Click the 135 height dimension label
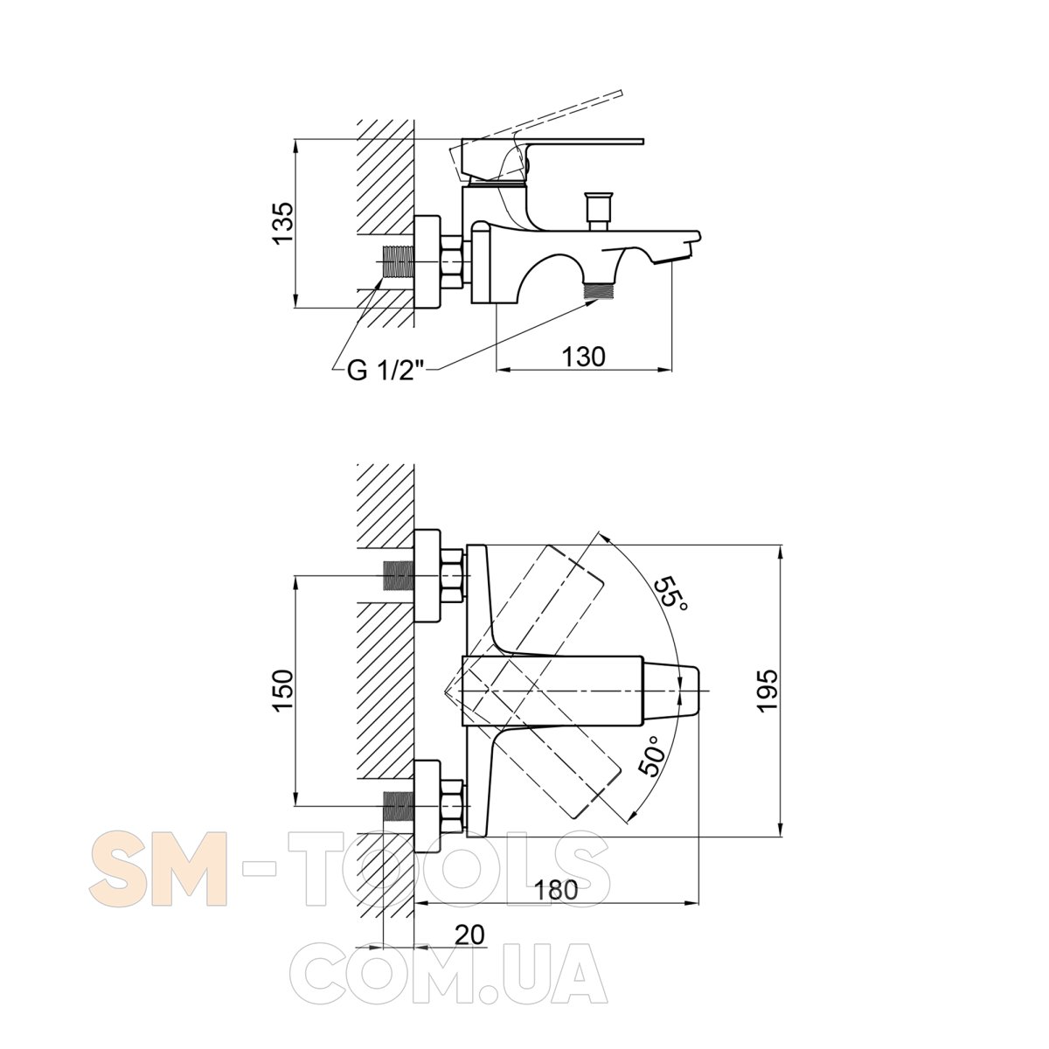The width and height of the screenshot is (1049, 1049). click(283, 224)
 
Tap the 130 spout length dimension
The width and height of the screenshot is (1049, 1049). click(583, 358)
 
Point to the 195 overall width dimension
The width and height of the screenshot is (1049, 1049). click(768, 691)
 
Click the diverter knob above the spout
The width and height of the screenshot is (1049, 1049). click(597, 211)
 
